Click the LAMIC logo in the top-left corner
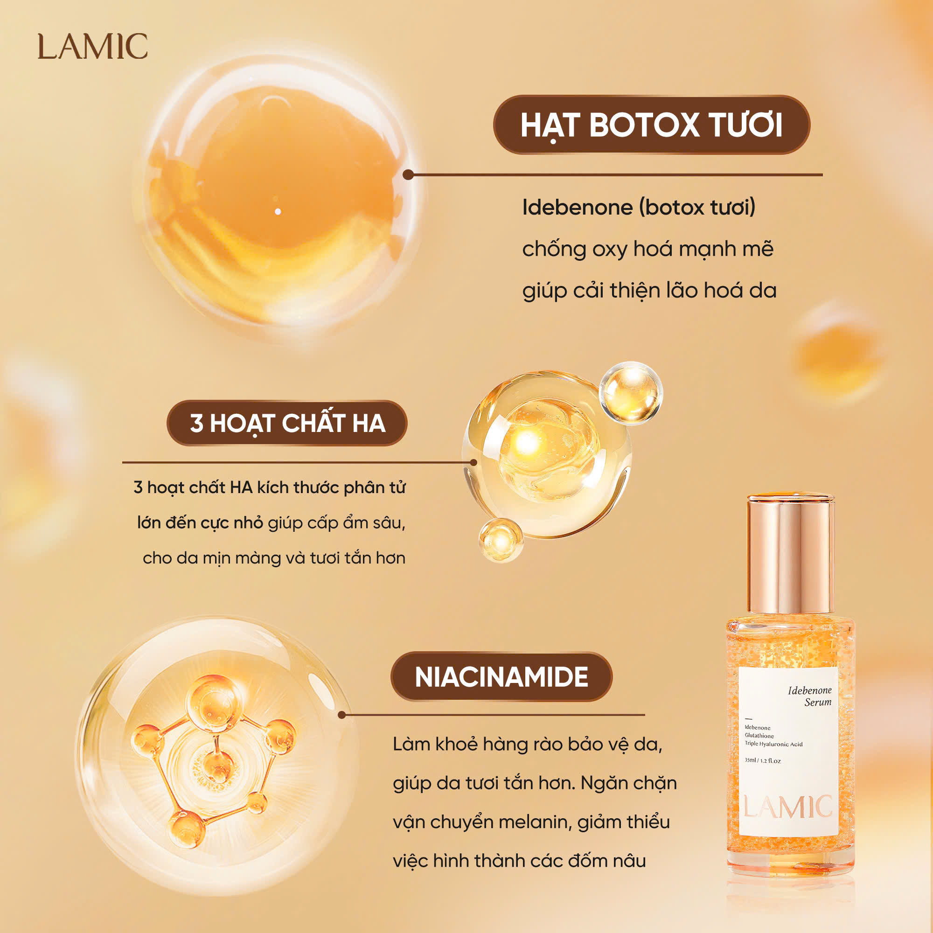pyautogui.click(x=93, y=46)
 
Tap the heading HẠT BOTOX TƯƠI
pyautogui.click(x=651, y=125)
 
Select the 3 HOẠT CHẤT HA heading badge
pyautogui.click(x=287, y=423)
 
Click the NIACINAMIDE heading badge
pyautogui.click(x=501, y=676)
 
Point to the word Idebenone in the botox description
pyautogui.click(x=578, y=207)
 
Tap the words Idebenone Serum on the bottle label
pyautogui.click(x=809, y=696)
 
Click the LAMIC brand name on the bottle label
pyautogui.click(x=787, y=807)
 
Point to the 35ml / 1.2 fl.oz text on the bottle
pyautogui.click(x=763, y=760)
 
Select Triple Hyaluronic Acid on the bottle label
pyautogui.click(x=773, y=744)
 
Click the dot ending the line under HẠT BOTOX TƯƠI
pyautogui.click(x=408, y=175)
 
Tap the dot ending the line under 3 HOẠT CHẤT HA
pyautogui.click(x=473, y=462)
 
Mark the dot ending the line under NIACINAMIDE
pyautogui.click(x=342, y=715)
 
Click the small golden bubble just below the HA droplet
pyautogui.click(x=501, y=540)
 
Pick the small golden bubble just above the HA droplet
pyautogui.click(x=631, y=394)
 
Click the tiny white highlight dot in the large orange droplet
pyautogui.click(x=278, y=211)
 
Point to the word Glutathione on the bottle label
pyautogui.click(x=759, y=736)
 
